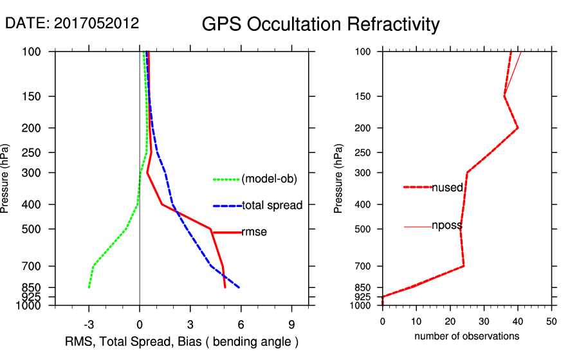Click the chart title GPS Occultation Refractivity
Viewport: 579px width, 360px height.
pos(320,24)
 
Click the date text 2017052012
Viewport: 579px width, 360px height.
pos(96,23)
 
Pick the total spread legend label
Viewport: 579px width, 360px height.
pos(272,206)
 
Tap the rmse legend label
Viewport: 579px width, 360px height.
pos(254,233)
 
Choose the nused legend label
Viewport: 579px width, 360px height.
pos(447,187)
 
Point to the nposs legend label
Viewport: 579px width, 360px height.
pos(447,226)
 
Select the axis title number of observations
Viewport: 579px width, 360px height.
pos(466,336)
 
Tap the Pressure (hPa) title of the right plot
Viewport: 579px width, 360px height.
pos(339,179)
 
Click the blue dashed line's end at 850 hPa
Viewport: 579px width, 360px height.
pos(239,287)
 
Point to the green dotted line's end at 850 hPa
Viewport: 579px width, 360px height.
pos(89,287)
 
